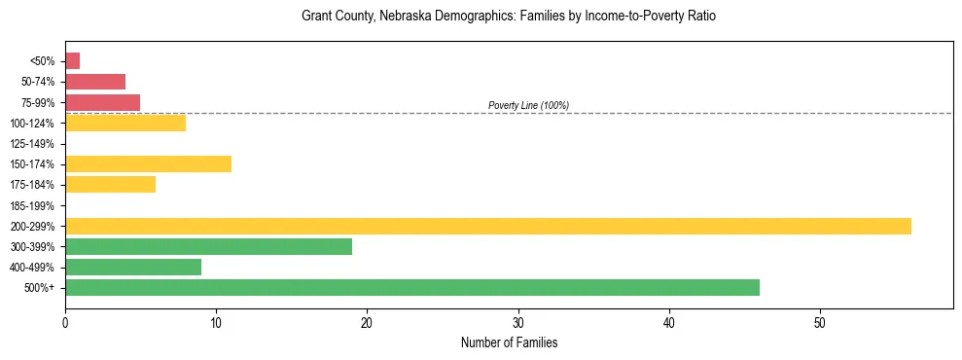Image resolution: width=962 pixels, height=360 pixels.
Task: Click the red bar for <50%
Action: [73, 61]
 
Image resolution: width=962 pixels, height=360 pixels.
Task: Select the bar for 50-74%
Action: [95, 82]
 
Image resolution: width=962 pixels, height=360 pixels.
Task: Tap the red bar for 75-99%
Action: [103, 102]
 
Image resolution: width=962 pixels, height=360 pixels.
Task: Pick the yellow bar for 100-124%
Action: [125, 123]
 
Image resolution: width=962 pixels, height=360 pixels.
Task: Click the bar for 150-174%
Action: [148, 164]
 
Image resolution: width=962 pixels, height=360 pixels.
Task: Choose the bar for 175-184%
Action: [110, 185]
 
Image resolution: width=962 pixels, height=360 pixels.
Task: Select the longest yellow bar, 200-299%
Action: [488, 226]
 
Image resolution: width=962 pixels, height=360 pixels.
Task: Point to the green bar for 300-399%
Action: [208, 246]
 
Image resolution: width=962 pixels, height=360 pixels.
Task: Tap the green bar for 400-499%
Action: [133, 267]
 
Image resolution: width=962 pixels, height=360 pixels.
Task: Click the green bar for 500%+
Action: [412, 287]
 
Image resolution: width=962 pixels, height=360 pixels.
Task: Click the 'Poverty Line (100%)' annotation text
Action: [528, 105]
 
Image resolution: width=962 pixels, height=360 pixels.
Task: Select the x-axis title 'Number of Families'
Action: [509, 342]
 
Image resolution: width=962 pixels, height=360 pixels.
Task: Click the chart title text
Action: [509, 17]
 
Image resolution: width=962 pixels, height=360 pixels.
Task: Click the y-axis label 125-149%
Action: [32, 144]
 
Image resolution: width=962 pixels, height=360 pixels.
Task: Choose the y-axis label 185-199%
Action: [32, 205]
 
